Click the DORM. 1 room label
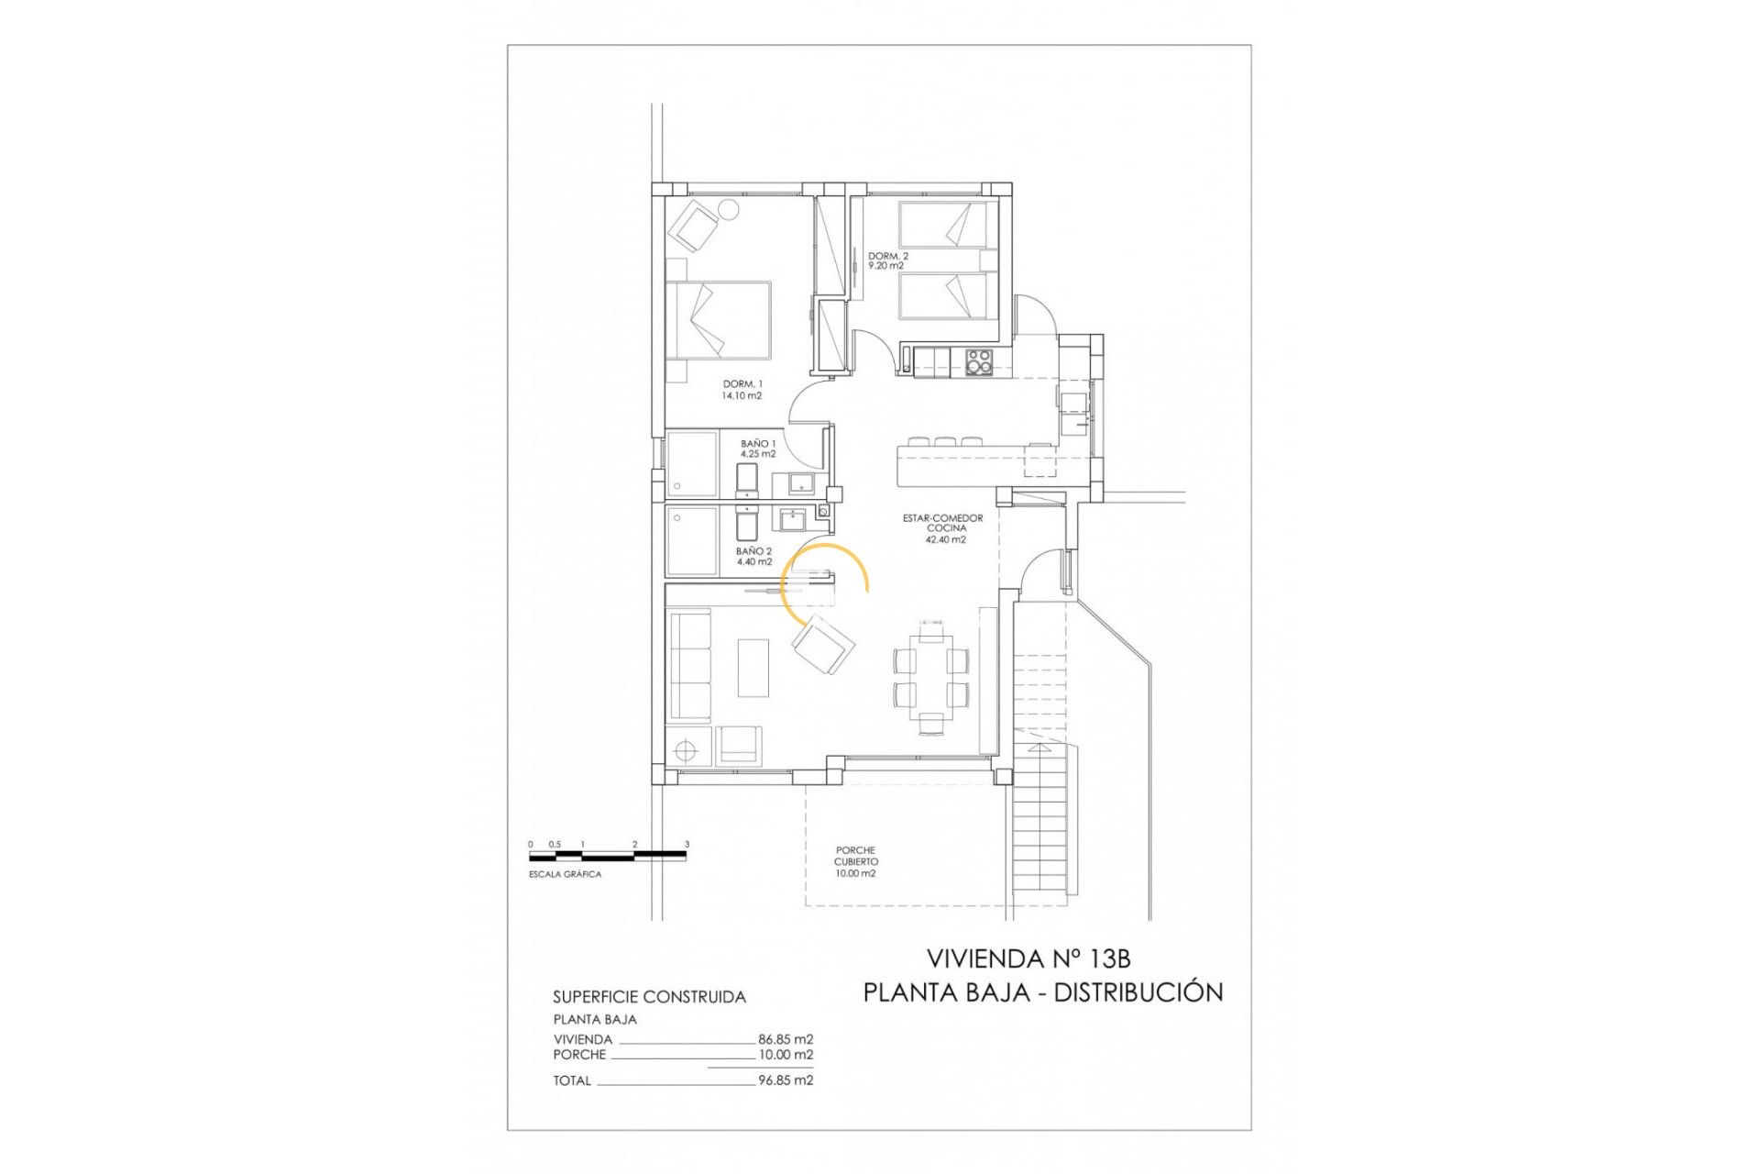pos(742,390)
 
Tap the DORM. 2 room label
pos(887,261)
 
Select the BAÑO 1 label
pos(758,449)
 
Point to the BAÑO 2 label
pos(753,557)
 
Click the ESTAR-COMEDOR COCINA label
pos(943,529)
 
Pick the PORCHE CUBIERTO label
pos(855,862)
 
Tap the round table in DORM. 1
pos(728,209)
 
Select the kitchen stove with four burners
pos(979,362)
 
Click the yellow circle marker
pos(824,586)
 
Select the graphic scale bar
pos(608,856)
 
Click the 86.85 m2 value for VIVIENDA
pos(786,1039)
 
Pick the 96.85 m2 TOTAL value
pos(786,1080)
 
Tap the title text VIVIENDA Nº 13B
pos(1028,958)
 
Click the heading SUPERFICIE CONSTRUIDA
pos(649,997)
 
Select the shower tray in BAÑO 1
pos(692,464)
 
